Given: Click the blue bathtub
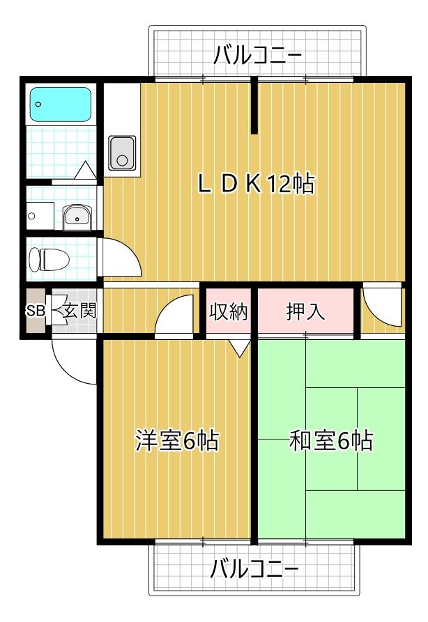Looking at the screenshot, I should (x=61, y=104).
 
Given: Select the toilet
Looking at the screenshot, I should (x=49, y=260).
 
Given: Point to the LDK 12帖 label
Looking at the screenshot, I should (x=256, y=184).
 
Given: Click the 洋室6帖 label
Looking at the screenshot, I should (x=177, y=440).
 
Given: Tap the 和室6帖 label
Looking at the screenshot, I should (x=330, y=440).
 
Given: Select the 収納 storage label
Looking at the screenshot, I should (x=229, y=311).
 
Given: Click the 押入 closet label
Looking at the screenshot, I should (x=306, y=311).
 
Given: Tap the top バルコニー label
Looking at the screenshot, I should (x=258, y=54).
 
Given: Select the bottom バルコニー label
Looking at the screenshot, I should (x=254, y=569).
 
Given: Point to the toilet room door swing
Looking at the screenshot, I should (x=122, y=258).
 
